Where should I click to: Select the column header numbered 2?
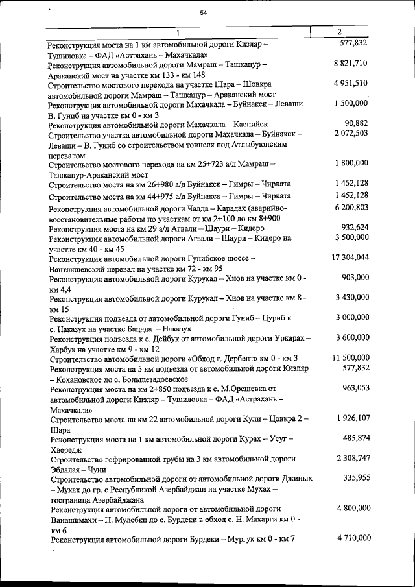coord(340,32)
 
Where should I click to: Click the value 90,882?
coord(356,123)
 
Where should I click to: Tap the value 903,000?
coord(355,277)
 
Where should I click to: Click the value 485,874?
coord(355,438)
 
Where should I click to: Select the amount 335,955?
coord(355,478)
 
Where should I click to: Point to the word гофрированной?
coord(128,459)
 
